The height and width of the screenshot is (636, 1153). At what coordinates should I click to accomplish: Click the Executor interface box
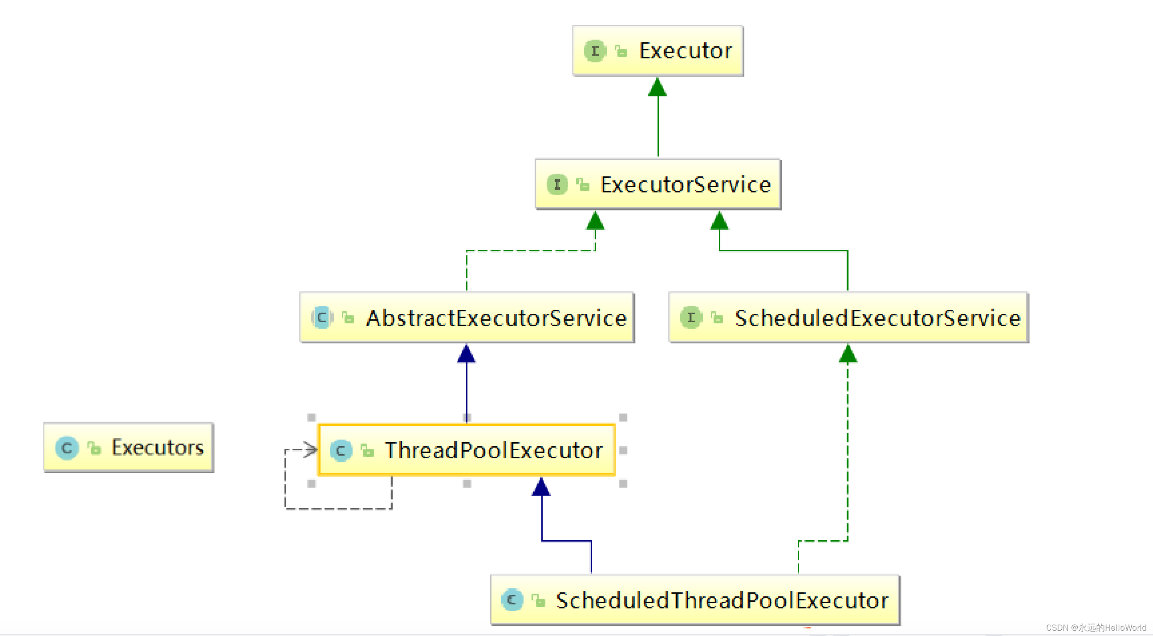(x=658, y=51)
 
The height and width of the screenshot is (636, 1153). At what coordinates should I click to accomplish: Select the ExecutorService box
(x=658, y=184)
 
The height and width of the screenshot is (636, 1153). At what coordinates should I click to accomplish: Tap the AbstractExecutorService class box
(x=467, y=318)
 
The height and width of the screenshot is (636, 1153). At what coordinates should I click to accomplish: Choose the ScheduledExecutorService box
(x=848, y=318)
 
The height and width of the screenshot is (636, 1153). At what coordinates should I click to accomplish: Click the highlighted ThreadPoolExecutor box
(x=467, y=450)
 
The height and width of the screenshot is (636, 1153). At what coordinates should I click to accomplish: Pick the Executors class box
(x=129, y=448)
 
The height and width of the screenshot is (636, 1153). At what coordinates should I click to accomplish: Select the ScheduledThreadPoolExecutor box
(x=694, y=600)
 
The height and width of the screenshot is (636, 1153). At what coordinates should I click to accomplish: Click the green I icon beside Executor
(x=595, y=51)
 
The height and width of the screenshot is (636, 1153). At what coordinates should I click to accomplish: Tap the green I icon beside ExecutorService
(x=557, y=184)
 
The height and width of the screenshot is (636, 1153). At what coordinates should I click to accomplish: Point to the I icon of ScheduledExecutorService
(x=691, y=318)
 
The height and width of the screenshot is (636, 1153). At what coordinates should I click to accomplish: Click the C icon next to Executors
(x=67, y=448)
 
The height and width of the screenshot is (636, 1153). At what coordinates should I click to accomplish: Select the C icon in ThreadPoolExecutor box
(x=341, y=451)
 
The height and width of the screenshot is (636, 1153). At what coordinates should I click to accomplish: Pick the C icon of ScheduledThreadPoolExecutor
(x=512, y=600)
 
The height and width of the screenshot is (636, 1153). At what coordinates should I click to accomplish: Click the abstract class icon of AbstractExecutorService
(x=322, y=318)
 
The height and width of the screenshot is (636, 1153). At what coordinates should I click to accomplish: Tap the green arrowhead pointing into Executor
(x=658, y=87)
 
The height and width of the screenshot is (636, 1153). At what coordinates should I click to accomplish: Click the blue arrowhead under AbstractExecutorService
(x=467, y=354)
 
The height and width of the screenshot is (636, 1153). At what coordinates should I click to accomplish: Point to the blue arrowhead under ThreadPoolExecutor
(x=541, y=487)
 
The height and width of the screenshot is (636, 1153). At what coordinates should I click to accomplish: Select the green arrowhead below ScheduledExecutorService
(x=848, y=354)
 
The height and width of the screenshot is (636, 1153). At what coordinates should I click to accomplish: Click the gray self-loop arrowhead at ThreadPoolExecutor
(x=311, y=450)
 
